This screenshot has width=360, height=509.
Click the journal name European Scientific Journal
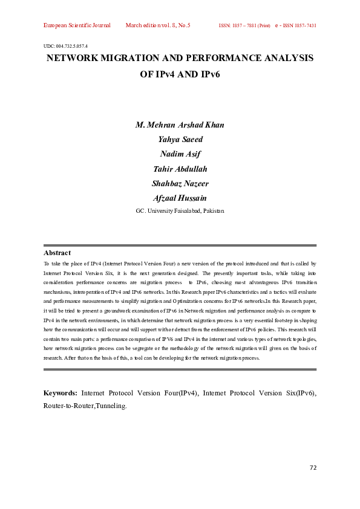coord(77,26)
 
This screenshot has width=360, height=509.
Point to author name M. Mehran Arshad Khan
coord(180,125)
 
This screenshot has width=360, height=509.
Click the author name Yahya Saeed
coord(180,140)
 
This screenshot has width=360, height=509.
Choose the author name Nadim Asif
coord(180,154)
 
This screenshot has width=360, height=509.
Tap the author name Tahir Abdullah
coord(180,169)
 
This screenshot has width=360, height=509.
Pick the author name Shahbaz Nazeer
coord(180,183)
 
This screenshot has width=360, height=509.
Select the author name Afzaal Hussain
coord(180,198)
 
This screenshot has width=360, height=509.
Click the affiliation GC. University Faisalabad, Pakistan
coord(180,210)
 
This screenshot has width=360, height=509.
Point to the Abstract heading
coord(57,253)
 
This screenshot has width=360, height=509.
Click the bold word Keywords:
coord(61,393)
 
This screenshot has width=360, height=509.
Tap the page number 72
coord(313,467)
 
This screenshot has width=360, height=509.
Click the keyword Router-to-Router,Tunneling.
coord(85,406)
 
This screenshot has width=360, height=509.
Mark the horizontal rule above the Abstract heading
coord(180,245)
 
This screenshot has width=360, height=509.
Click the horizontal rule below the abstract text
coord(180,369)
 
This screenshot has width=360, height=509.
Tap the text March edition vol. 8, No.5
coord(158,26)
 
